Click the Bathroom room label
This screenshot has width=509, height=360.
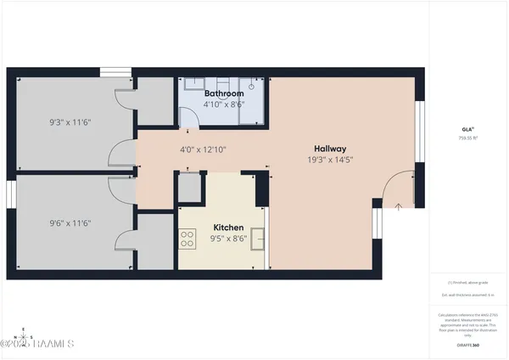(x=223, y=93)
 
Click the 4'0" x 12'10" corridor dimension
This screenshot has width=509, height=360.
(x=203, y=149)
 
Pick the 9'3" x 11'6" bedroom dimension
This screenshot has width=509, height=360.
(x=70, y=122)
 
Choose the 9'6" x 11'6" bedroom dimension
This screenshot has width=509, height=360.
(x=70, y=223)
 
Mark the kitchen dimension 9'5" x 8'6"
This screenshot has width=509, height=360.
(x=228, y=239)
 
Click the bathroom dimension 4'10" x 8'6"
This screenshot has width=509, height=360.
(x=223, y=104)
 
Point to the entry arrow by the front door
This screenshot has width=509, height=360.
(x=399, y=205)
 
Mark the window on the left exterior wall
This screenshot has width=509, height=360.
(x=11, y=194)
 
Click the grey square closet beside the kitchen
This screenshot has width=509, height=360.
(x=190, y=188)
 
